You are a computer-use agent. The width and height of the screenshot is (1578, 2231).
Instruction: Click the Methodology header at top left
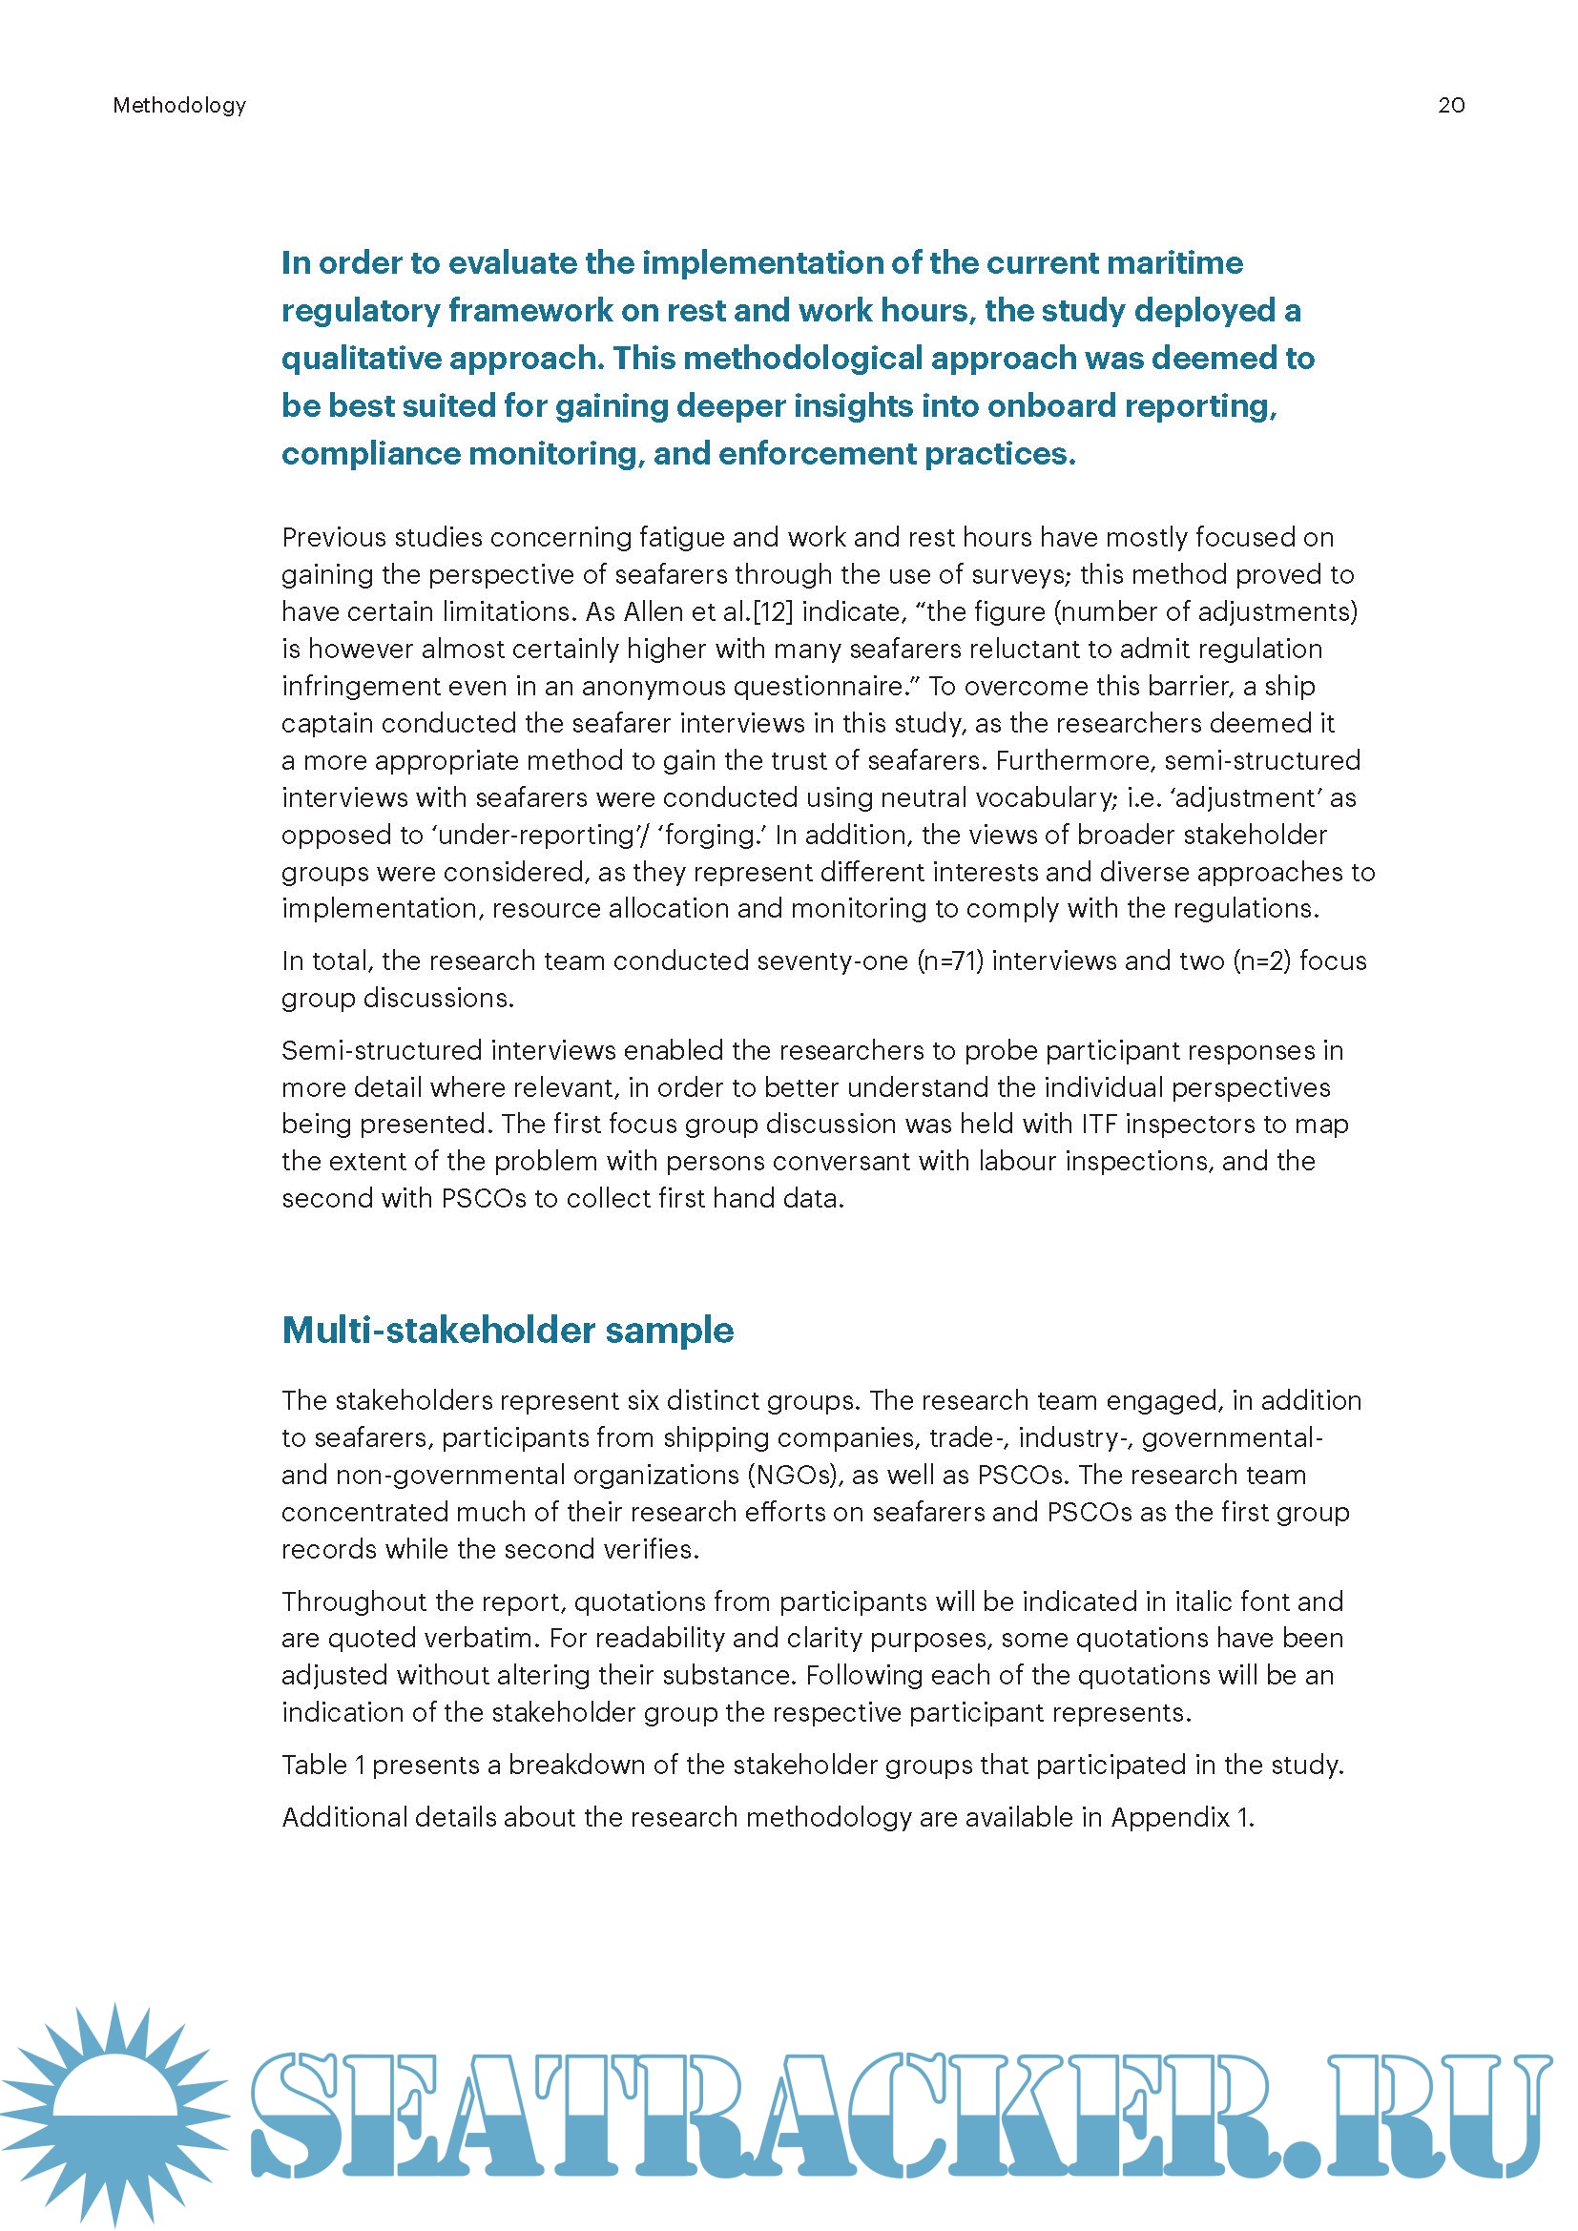click(x=178, y=105)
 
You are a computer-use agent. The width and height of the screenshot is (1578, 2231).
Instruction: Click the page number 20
click(x=1451, y=105)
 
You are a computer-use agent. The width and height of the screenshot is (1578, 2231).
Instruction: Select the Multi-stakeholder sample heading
click(x=508, y=1330)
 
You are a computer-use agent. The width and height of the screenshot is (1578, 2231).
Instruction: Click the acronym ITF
click(x=1099, y=1124)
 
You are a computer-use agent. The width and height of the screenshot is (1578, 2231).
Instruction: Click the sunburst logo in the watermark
click(x=114, y=2115)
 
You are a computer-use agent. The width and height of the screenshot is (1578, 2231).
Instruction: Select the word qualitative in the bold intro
click(x=361, y=358)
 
